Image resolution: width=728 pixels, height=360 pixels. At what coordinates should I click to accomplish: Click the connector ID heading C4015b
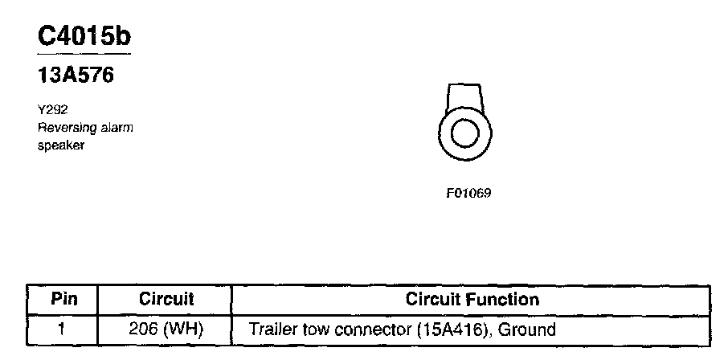coord(84,36)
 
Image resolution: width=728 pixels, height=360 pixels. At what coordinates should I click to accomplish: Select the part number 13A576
coord(76,76)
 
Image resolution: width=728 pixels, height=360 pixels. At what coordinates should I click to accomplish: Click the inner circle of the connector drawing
coord(464,133)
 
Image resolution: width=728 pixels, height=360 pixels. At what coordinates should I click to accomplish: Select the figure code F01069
coord(468,193)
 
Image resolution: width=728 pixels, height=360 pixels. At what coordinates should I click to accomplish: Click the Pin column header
coord(63,300)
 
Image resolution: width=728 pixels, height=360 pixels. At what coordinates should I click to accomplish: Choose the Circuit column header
coord(166,300)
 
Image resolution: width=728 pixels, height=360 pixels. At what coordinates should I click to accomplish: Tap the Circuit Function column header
coord(472,300)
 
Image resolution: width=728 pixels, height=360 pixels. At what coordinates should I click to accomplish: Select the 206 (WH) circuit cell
coord(166,329)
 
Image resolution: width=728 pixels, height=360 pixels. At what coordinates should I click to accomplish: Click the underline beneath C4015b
coord(84,54)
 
